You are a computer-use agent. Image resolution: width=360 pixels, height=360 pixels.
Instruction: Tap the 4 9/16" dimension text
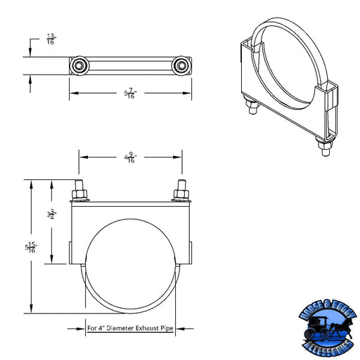click(x=130, y=158)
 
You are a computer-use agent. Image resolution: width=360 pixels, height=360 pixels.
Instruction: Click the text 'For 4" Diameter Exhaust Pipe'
click(x=130, y=328)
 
